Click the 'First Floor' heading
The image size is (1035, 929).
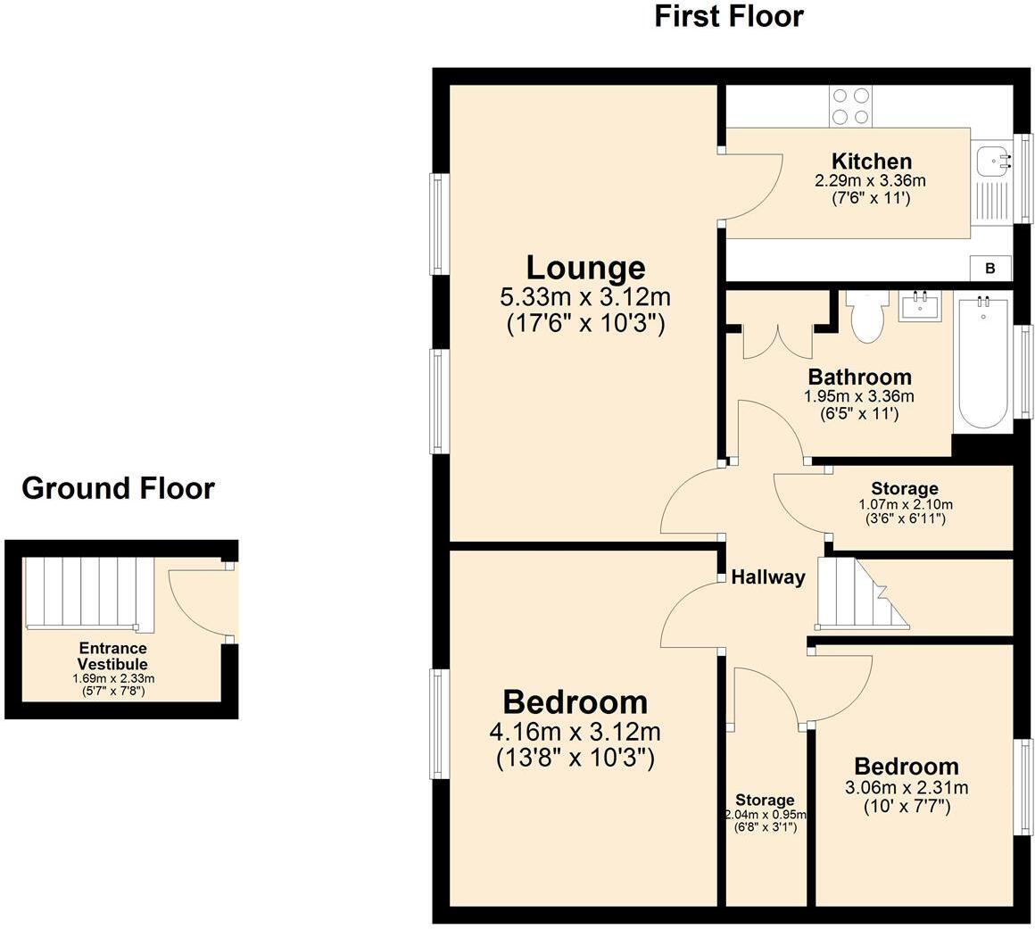click(x=729, y=16)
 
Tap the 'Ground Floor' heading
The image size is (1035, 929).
click(x=118, y=489)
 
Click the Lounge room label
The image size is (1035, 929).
click(x=585, y=268)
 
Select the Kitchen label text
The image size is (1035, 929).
click(x=872, y=162)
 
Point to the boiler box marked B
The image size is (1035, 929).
click(x=990, y=268)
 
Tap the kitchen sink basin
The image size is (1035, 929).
click(x=993, y=162)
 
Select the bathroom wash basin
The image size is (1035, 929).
click(x=920, y=306)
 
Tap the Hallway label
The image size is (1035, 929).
click(x=767, y=577)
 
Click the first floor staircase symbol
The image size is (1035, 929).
click(x=862, y=593)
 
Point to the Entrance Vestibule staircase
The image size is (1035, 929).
click(x=82, y=593)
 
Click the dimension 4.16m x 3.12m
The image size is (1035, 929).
click(x=575, y=732)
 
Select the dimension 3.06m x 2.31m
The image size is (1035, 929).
click(x=907, y=788)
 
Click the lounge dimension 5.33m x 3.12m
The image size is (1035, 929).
click(x=585, y=297)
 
